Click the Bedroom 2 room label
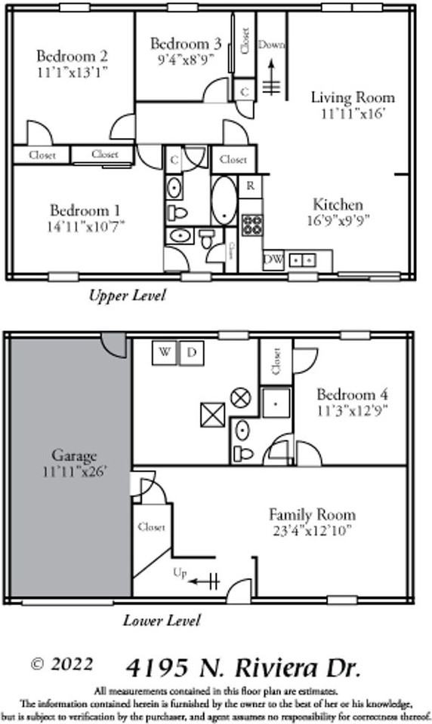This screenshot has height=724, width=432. click(73, 56)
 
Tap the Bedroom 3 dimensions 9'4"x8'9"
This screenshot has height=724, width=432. click(185, 57)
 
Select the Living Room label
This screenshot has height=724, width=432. click(353, 97)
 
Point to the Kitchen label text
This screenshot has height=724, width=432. click(338, 204)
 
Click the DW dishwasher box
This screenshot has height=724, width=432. click(273, 260)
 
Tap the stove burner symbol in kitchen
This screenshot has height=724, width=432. click(251, 223)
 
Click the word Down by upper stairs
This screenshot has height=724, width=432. click(271, 44)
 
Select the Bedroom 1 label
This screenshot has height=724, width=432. click(85, 210)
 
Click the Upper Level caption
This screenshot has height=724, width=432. click(126, 295)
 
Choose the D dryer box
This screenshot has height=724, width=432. click(192, 352)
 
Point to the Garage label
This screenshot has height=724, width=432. click(74, 456)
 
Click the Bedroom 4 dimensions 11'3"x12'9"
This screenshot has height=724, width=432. click(352, 411)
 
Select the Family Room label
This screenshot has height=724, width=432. click(312, 515)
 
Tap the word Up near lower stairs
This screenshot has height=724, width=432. click(180, 572)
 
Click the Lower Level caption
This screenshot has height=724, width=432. click(162, 621)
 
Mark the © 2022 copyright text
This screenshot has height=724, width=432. click(62, 664)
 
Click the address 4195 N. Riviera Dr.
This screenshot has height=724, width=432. click(243, 668)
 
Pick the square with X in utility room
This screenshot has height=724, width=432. click(212, 416)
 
